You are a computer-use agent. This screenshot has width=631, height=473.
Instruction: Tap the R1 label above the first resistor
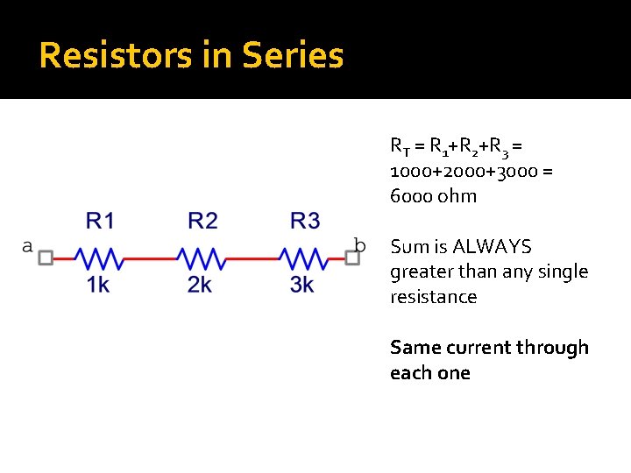tap(100, 221)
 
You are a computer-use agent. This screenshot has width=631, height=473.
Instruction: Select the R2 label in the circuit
tap(202, 221)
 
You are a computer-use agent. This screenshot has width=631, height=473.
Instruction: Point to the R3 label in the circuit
tap(305, 221)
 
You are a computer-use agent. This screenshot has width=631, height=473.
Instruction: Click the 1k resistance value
tap(98, 285)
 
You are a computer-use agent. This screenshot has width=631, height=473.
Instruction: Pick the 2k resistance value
tap(200, 285)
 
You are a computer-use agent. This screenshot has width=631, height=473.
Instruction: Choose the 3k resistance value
tap(302, 285)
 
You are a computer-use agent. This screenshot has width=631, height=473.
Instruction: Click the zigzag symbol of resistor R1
tap(98, 258)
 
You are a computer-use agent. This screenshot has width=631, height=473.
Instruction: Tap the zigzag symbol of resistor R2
tap(201, 258)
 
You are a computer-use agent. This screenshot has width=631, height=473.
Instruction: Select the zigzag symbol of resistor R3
tap(303, 258)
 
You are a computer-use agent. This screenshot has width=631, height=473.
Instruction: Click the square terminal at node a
tap(46, 258)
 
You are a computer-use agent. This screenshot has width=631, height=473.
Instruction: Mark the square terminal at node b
tap(354, 258)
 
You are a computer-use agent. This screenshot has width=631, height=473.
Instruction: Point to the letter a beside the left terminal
tap(27, 246)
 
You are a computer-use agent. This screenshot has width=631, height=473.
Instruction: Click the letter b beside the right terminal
tap(359, 244)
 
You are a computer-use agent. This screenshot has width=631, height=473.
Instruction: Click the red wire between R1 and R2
tap(149, 258)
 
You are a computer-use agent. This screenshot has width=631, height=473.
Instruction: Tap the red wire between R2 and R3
tap(252, 258)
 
